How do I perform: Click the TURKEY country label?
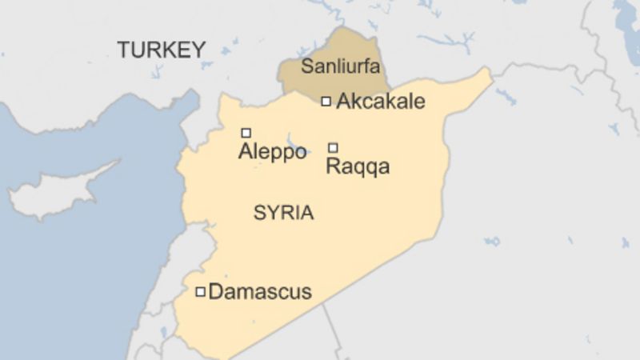click(x=162, y=50)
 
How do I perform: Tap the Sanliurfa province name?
click(x=340, y=66)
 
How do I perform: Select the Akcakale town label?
click(x=380, y=102)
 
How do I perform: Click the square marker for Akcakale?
click(x=326, y=102)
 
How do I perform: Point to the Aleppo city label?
click(x=272, y=152)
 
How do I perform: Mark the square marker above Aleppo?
click(x=246, y=133)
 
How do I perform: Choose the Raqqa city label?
click(x=358, y=166)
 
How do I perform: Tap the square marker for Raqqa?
click(x=333, y=147)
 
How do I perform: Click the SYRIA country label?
click(x=283, y=213)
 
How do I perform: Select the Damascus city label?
click(x=259, y=292)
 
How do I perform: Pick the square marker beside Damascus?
click(x=200, y=292)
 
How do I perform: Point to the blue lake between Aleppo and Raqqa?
click(x=297, y=149)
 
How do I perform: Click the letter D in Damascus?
click(x=215, y=292)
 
